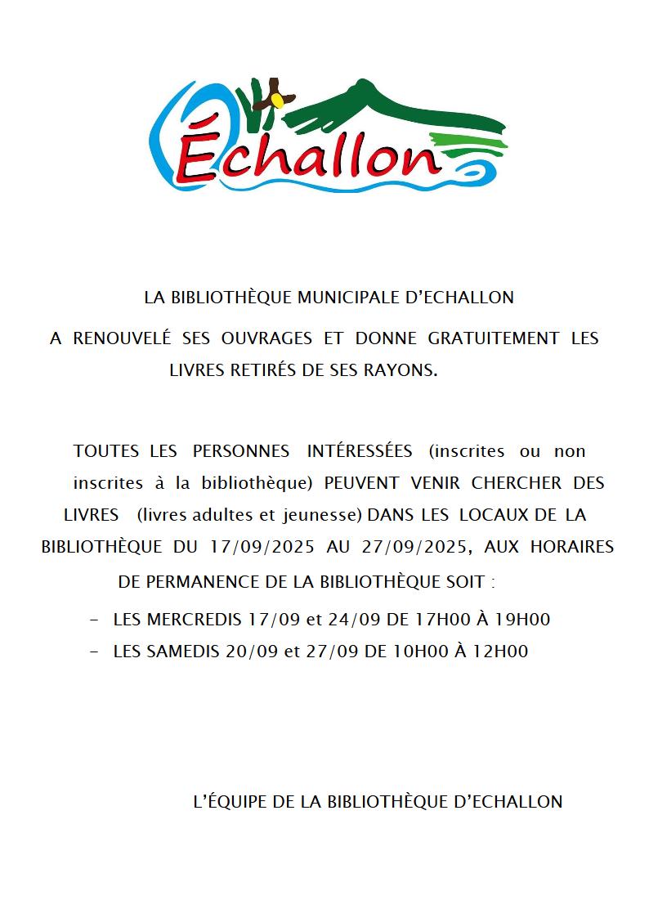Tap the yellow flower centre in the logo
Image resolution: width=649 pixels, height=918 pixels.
point(279,100)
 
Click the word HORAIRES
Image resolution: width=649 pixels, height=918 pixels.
point(571,547)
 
